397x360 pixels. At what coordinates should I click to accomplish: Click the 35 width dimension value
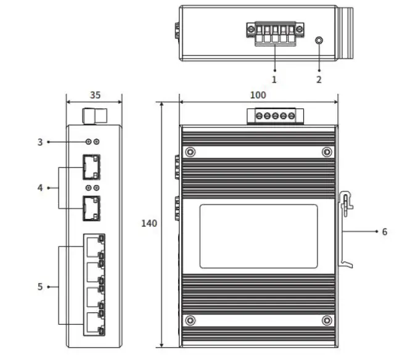95,95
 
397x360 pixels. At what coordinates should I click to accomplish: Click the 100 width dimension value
258,95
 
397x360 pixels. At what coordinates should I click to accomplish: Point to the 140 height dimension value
149,223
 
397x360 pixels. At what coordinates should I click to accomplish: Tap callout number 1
274,80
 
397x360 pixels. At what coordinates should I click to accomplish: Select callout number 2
319,80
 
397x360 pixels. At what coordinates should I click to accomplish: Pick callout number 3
40,142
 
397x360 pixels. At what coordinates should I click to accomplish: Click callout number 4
40,188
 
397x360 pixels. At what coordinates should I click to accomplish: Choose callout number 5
40,287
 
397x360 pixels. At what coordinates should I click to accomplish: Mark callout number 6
385,232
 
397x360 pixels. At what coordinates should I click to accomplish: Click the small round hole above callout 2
319,40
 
